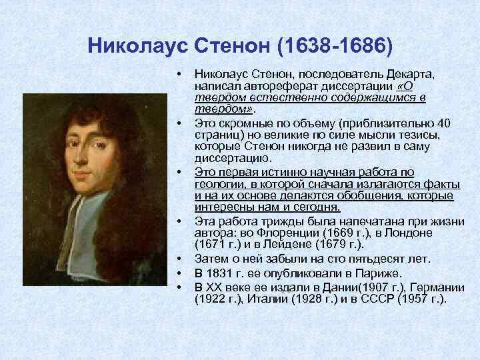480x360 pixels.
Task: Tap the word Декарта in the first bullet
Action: [409, 75]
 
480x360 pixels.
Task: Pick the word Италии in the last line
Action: [271, 299]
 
